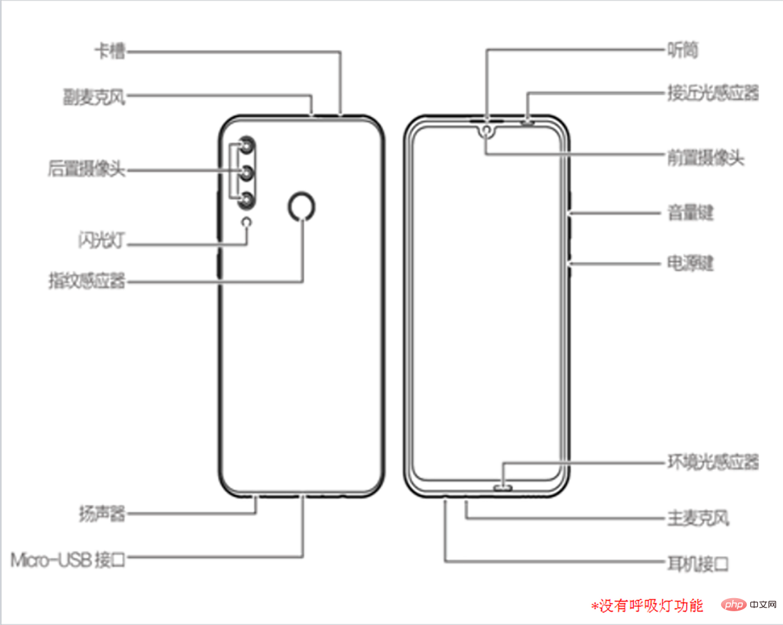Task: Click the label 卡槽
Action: [x=110, y=51]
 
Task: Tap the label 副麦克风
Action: [x=94, y=97]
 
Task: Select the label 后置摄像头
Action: [x=86, y=168]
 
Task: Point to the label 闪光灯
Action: [x=101, y=240]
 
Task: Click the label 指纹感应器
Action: [x=87, y=280]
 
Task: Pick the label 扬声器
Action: [x=101, y=514]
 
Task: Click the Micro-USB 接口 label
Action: [x=68, y=559]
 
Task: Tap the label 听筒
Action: [x=682, y=49]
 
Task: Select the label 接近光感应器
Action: [x=712, y=93]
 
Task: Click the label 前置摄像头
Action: [x=705, y=158]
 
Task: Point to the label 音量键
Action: [x=690, y=213]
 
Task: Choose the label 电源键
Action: [x=690, y=263]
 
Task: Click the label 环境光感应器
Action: [x=712, y=462]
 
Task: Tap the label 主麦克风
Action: [x=698, y=518]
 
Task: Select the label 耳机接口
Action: [x=698, y=564]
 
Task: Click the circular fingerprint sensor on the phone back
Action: [x=301, y=206]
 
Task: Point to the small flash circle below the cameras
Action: [x=247, y=221]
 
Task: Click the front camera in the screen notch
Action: [x=487, y=130]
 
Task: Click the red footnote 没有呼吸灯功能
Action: [x=647, y=605]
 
